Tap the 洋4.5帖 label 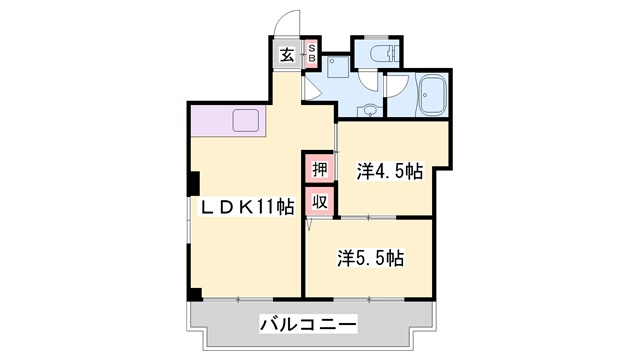[x=389, y=172]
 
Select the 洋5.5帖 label [x=369, y=258]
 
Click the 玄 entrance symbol [x=287, y=55]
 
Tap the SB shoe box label [x=311, y=54]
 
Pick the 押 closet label [x=318, y=169]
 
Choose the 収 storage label [x=318, y=202]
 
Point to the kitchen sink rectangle [x=247, y=121]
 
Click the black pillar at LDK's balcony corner [x=194, y=294]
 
